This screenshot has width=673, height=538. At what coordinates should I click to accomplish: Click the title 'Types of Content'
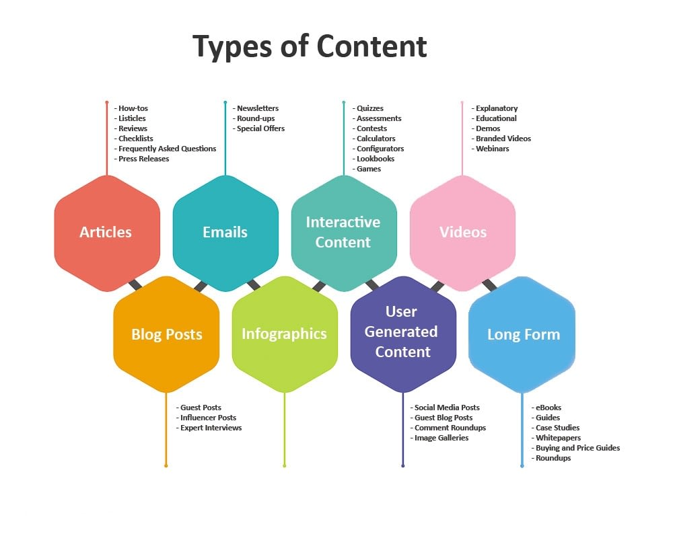(310, 46)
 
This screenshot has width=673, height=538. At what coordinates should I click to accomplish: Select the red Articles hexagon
(107, 233)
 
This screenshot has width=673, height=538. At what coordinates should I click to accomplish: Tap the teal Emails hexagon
(225, 233)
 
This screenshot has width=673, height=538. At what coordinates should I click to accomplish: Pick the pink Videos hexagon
(462, 233)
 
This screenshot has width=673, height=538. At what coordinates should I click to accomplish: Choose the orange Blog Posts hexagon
(166, 334)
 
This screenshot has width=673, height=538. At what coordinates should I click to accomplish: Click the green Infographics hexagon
(285, 334)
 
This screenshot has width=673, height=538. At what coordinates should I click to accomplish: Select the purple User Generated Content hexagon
(403, 334)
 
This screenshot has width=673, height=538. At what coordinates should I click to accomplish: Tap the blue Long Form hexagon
(522, 334)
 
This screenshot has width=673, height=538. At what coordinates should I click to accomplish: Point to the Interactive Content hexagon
(344, 233)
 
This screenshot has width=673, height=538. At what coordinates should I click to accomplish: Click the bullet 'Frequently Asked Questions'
(166, 149)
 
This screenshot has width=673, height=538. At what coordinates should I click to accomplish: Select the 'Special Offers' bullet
(259, 128)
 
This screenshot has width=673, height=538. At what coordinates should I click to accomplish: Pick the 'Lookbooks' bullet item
(374, 159)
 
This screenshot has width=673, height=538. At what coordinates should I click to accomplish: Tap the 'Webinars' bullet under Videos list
(490, 149)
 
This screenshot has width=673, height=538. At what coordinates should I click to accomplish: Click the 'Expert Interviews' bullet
(209, 428)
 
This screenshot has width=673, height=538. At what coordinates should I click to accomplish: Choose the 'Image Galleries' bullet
(439, 438)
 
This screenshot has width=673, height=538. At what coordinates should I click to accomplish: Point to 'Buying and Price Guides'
(575, 448)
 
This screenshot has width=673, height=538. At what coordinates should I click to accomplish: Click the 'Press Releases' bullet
(141, 159)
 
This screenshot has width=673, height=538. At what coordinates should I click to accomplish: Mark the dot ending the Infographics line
(285, 465)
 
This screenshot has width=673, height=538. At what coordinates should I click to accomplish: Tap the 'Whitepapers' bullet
(557, 438)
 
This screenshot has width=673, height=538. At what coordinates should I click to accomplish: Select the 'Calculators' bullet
(374, 139)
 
